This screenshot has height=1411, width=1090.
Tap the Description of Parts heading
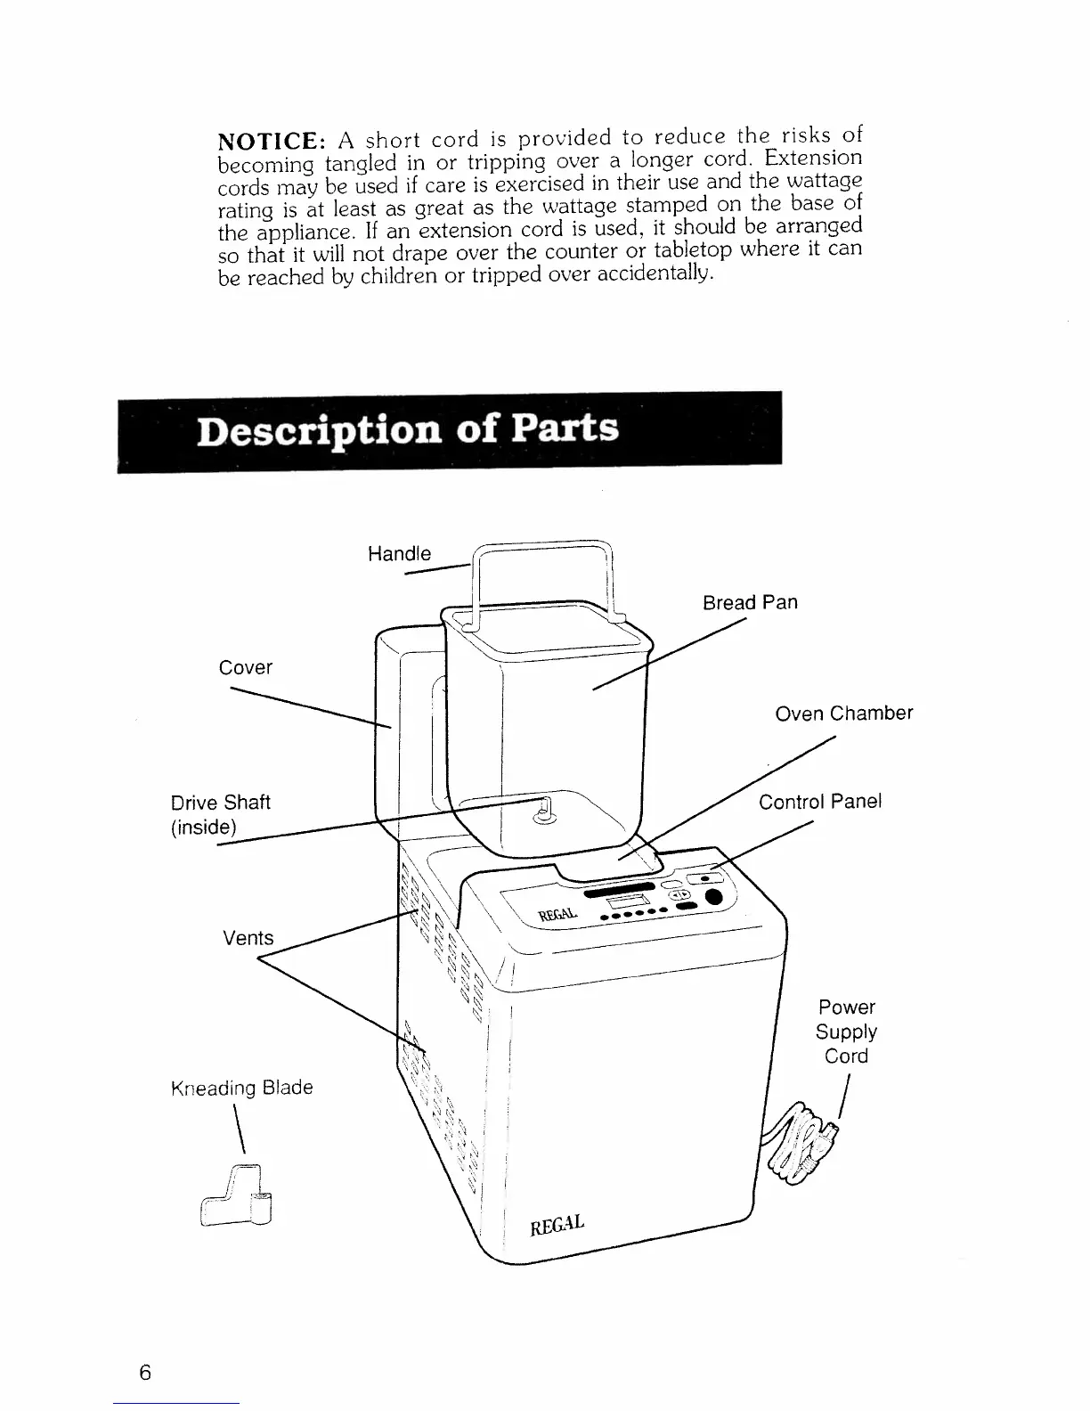(x=407, y=429)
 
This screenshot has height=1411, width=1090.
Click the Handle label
(x=399, y=553)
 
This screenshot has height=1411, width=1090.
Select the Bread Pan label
(x=750, y=602)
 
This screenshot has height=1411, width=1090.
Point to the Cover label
(x=246, y=667)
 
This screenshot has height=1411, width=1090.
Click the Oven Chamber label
(x=843, y=714)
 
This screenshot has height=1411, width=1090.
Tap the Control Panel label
(x=819, y=801)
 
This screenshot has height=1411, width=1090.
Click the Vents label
(x=248, y=938)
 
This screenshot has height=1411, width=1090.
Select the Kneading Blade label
(x=241, y=1088)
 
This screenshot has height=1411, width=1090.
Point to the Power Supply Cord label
(x=846, y=1032)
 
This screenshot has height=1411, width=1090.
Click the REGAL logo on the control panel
(x=558, y=915)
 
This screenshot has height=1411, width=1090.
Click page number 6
(x=145, y=1373)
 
